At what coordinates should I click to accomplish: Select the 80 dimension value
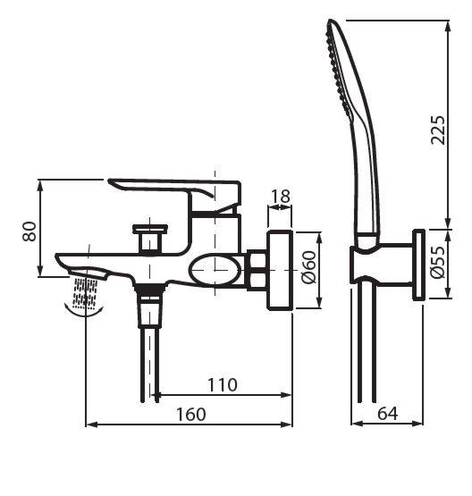tap(29, 230)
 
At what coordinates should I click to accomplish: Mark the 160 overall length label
tap(189, 414)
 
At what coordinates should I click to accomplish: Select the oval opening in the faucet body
tap(218, 268)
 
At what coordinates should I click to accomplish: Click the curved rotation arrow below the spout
tap(86, 309)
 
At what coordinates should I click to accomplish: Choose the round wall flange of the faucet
tap(281, 270)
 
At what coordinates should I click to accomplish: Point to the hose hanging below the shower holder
tap(364, 349)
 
